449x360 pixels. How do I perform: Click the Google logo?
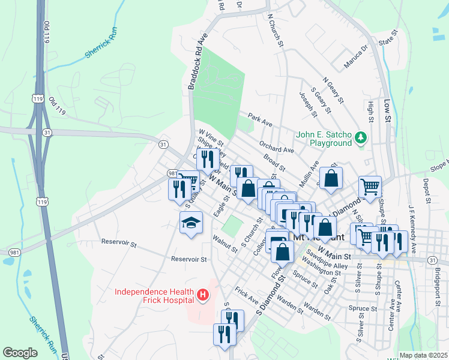click(x=20, y=353)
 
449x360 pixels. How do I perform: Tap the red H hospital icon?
click(x=203, y=295)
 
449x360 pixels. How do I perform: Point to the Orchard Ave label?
click(x=277, y=147)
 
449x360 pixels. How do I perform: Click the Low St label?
click(x=387, y=111)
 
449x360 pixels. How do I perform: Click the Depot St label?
click(x=427, y=190)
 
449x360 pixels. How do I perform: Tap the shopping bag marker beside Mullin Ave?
click(x=331, y=178)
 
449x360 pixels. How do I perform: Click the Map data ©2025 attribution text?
click(x=423, y=355)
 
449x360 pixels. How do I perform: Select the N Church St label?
click(x=275, y=29)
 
